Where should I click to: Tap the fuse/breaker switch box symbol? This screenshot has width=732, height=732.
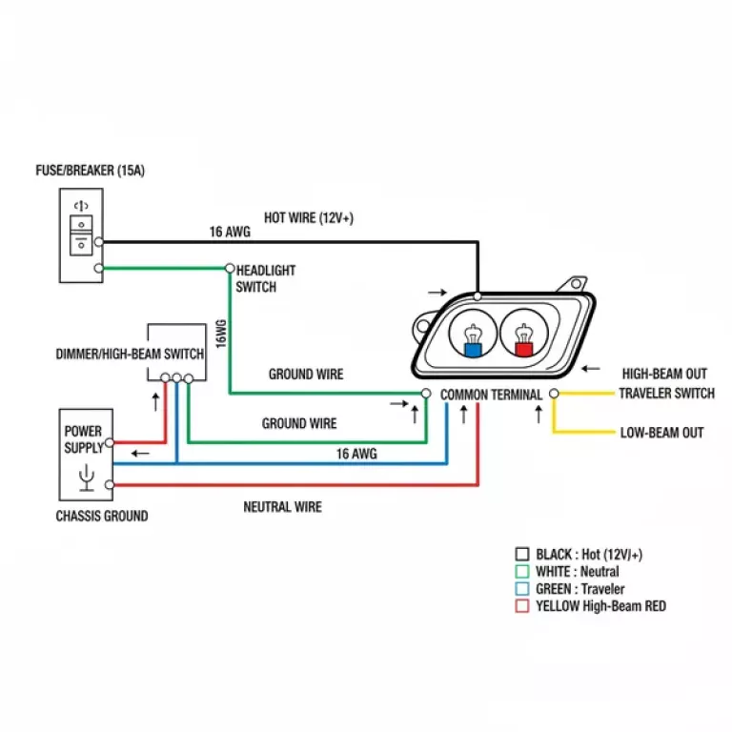[x=82, y=234]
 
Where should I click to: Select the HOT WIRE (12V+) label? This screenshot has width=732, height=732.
[x=309, y=217]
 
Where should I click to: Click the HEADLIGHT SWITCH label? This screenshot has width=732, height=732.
[x=266, y=278]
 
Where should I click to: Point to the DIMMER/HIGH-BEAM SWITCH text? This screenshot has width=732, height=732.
[x=130, y=355]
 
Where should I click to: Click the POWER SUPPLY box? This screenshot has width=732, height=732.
[x=85, y=455]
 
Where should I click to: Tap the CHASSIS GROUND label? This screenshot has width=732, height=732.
[x=103, y=516]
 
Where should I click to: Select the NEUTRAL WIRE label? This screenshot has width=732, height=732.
[x=282, y=507]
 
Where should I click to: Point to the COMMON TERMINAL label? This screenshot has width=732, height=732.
[x=491, y=395]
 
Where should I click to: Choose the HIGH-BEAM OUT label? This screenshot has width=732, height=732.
[x=664, y=375]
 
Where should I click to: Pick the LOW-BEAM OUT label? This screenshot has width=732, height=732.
[x=661, y=433]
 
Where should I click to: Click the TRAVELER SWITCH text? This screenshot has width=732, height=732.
[x=666, y=394]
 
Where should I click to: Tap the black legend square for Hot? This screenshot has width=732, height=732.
[x=521, y=554]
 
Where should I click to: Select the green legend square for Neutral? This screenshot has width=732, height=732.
[x=521, y=572]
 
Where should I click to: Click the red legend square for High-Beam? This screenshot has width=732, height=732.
[x=521, y=606]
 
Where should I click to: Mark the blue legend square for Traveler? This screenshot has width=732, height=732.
[x=521, y=589]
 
